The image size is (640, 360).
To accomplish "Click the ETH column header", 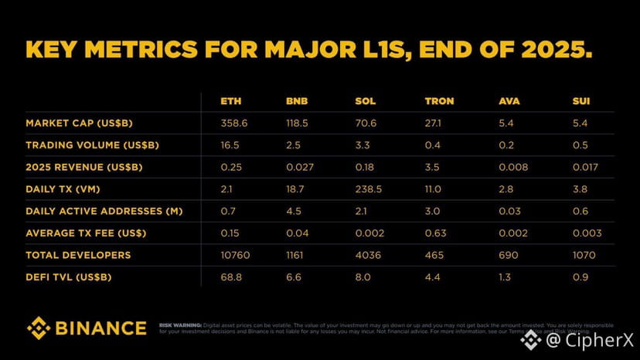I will (x=230, y=101).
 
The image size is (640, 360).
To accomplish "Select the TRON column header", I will (x=438, y=101).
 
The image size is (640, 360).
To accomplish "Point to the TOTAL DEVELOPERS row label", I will (x=78, y=255).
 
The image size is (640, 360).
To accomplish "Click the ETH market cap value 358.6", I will (x=233, y=124).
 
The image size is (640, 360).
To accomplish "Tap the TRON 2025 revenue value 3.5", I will (x=432, y=167).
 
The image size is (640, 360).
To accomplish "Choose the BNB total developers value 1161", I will (x=297, y=255).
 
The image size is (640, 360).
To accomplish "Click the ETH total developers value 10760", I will (x=236, y=255).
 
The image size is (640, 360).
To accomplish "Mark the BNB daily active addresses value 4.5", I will (x=293, y=211).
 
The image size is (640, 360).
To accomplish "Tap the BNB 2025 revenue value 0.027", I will (x=299, y=167).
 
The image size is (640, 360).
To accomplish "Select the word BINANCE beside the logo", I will (x=100, y=328).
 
